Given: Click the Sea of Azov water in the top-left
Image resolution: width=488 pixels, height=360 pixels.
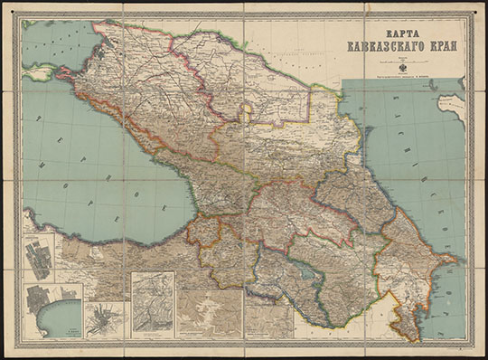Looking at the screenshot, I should (54, 41).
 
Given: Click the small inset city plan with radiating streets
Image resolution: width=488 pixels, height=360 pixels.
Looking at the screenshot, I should (107, 319).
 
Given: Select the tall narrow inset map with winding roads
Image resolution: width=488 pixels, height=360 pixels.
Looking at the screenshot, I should (153, 303).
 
